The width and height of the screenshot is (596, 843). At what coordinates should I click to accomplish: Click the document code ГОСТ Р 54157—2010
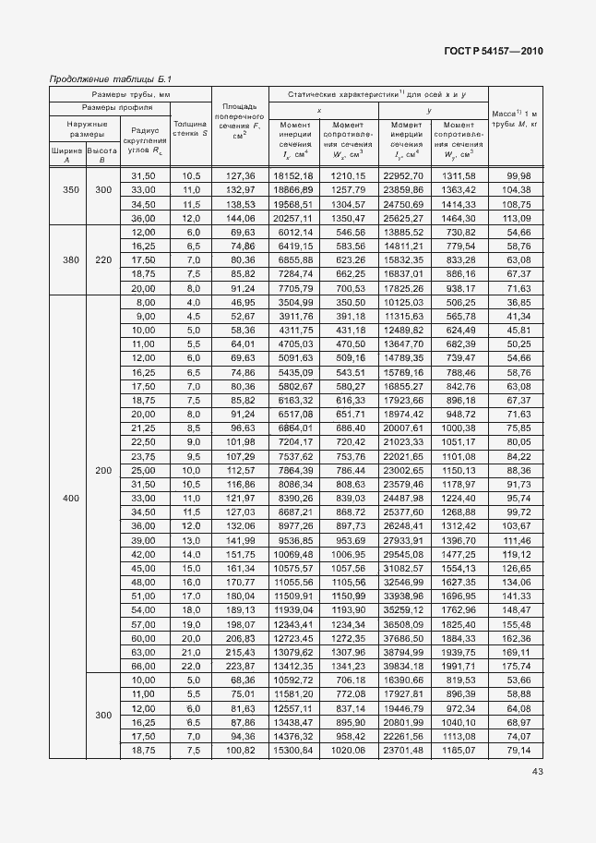(495, 51)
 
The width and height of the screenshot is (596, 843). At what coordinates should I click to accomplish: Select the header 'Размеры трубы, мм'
(130, 94)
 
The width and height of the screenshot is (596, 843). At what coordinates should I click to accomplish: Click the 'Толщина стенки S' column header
(190, 128)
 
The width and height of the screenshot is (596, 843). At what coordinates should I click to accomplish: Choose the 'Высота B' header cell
(102, 154)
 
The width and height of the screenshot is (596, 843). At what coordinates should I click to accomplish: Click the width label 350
(67, 189)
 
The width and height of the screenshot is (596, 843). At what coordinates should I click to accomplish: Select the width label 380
(67, 260)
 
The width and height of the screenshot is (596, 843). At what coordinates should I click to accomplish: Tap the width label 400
(67, 499)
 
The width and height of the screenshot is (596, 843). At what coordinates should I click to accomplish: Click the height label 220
(102, 260)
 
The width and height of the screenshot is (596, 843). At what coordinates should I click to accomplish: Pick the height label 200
(102, 471)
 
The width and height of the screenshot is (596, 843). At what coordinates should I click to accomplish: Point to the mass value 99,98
(518, 175)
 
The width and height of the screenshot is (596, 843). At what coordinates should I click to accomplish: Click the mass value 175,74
(518, 666)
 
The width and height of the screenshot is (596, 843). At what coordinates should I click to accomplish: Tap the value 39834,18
(407, 666)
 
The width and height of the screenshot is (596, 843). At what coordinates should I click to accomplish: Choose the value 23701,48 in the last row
(407, 750)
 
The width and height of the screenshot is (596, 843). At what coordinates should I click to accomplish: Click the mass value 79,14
(518, 750)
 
